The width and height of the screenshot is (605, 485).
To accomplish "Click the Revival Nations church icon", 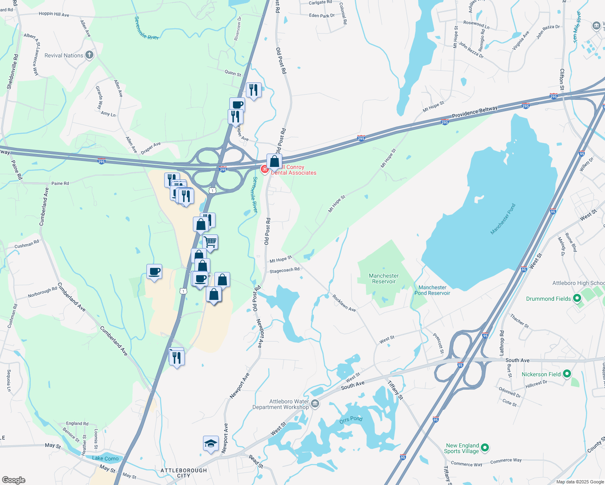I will (89, 55).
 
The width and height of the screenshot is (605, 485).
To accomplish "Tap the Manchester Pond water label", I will (503, 219).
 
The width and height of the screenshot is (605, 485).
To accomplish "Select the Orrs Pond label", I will (351, 420).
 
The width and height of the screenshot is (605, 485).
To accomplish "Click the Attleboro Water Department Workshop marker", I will (315, 403).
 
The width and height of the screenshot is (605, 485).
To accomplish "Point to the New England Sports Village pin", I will (485, 448).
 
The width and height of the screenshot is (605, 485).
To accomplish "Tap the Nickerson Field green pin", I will (567, 374).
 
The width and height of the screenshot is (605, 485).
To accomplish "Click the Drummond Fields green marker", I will (577, 299).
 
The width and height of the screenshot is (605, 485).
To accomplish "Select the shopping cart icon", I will (210, 242).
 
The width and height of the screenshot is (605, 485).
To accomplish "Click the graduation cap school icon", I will (210, 444).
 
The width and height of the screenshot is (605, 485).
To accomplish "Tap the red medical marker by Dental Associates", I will (265, 169).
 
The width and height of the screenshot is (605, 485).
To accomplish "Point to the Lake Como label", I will (106, 458).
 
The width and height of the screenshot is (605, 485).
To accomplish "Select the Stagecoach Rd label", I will (284, 270).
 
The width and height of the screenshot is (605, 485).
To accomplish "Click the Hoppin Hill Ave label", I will (54, 14).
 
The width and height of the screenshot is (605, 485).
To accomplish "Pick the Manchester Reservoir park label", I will (384, 278).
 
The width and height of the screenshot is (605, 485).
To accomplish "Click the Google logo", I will (14, 480).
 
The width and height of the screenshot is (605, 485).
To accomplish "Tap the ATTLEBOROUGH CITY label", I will (184, 473).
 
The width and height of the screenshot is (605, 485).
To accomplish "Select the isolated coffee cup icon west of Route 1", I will (154, 271).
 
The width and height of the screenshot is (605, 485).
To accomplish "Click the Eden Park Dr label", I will (322, 16).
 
